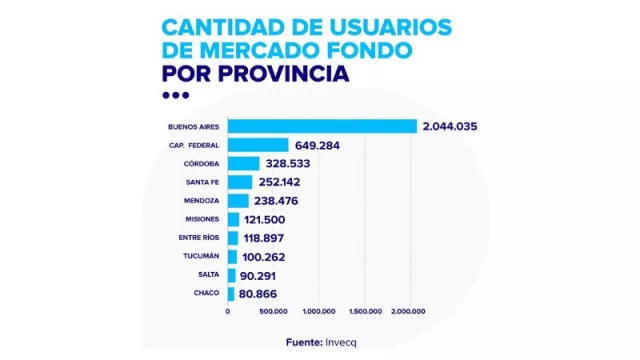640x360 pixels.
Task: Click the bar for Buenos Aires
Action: pyautogui.click(x=322, y=126)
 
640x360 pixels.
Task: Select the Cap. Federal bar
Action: pyautogui.click(x=258, y=145)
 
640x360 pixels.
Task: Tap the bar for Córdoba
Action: pyautogui.click(x=244, y=163)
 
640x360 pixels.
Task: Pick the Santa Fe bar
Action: pyautogui.click(x=240, y=182)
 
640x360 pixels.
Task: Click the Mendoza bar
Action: pyautogui.click(x=239, y=200)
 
